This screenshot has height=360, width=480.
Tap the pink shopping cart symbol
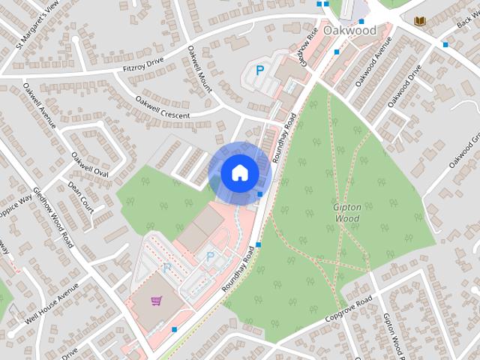(x=157, y=301)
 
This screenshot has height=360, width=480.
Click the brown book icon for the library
(x=418, y=19)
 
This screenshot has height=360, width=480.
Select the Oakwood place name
(x=349, y=31)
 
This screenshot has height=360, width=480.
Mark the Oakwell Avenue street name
(x=39, y=105)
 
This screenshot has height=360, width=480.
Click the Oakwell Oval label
(x=90, y=165)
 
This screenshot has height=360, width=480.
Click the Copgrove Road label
(x=349, y=310)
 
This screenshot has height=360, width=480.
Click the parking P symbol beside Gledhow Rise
(x=259, y=71)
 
